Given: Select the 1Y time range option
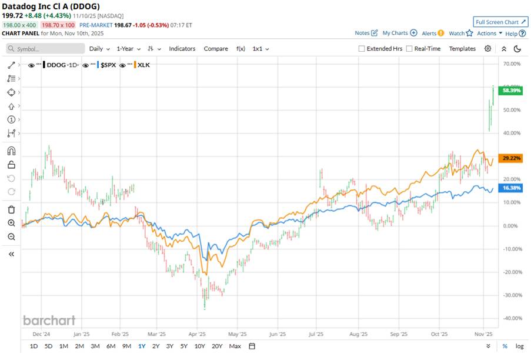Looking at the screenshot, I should pos(142,346).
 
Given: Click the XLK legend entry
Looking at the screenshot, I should pos(143,65).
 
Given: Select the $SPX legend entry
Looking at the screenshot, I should pos(108,65).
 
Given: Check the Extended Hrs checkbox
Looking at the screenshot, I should pos(362,49).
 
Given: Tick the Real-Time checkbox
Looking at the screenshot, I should pos(409,49).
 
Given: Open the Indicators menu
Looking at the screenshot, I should pos(182,49).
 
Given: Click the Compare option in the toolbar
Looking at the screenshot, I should pos(216,49).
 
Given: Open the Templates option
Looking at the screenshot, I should pos(462,49).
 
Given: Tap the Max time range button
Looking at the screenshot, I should pos(235,346).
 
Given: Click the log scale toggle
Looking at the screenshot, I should pos(519,346).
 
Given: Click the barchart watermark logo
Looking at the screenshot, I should pos(49,321).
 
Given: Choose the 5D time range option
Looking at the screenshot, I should pos(48,346).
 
